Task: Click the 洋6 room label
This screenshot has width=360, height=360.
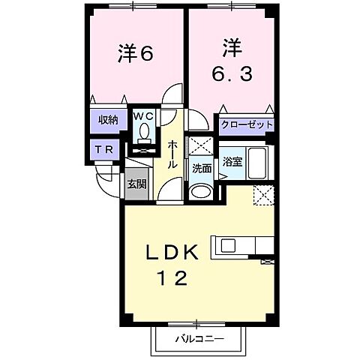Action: (135, 53)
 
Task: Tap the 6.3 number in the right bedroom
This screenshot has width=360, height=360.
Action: (229, 73)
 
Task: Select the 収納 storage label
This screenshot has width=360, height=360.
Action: (104, 120)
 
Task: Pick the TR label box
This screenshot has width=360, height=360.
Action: (104, 148)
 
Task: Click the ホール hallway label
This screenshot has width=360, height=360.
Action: (172, 154)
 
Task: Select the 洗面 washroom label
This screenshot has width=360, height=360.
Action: (201, 169)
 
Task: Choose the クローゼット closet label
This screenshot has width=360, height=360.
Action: (246, 124)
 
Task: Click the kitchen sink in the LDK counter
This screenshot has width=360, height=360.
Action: (226, 245)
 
